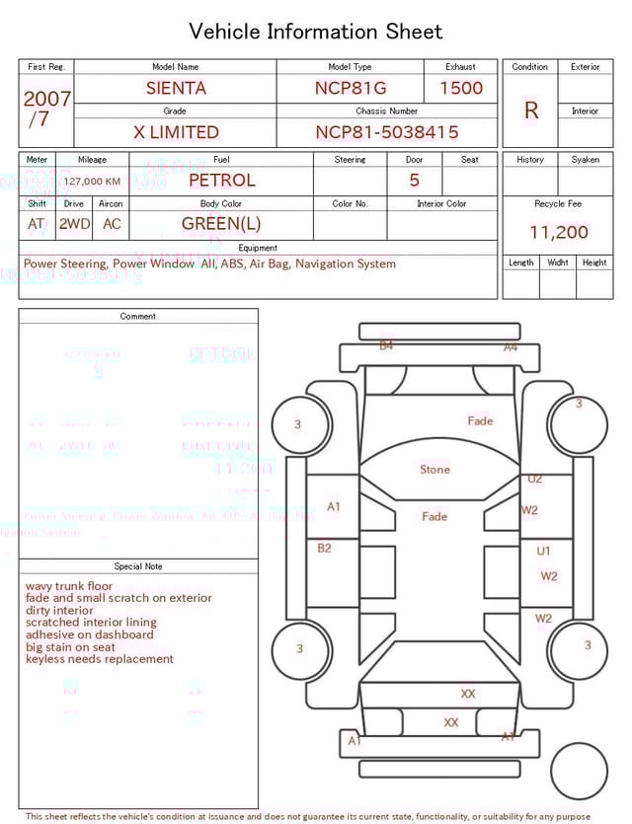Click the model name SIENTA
click(x=176, y=88)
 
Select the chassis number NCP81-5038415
click(x=386, y=132)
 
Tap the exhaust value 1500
click(x=461, y=88)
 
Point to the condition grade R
click(x=530, y=111)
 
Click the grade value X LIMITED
click(x=176, y=132)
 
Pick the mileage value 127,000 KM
click(x=93, y=182)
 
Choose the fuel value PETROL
click(x=221, y=181)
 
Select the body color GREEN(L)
click(x=221, y=224)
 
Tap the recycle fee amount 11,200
click(x=558, y=233)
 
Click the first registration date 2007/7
click(x=46, y=109)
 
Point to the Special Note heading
click(x=138, y=566)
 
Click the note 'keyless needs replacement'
click(x=99, y=659)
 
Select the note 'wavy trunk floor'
click(x=69, y=586)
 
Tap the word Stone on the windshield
click(x=434, y=470)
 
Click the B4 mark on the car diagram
click(x=386, y=345)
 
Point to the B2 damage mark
click(x=324, y=548)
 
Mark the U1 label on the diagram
click(x=543, y=552)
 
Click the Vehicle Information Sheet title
click(x=316, y=32)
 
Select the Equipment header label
click(x=258, y=248)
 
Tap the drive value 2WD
click(x=74, y=224)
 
